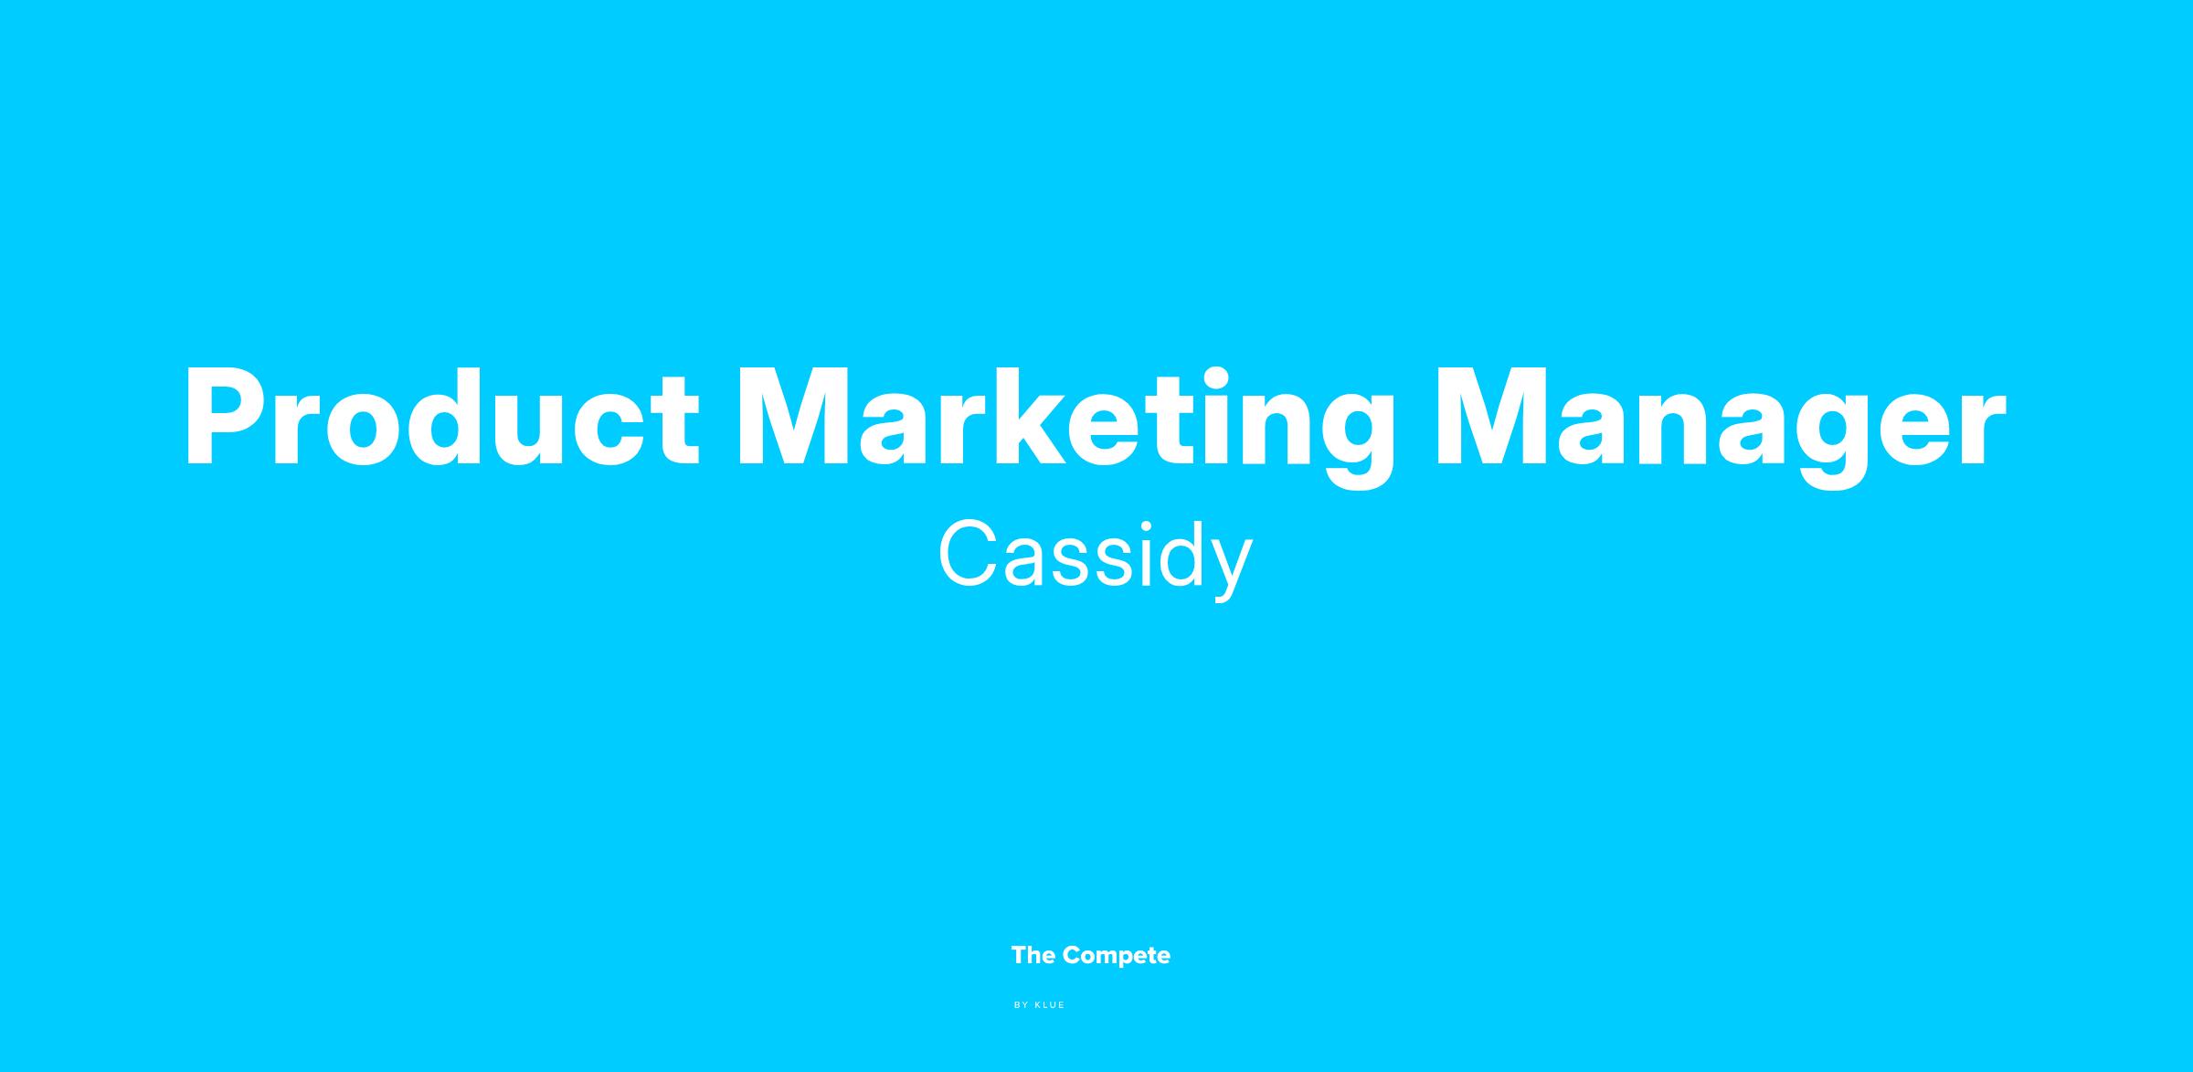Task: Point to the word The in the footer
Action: pyautogui.click(x=1033, y=956)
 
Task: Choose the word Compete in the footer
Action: pyautogui.click(x=1117, y=957)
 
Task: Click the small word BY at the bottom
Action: pyautogui.click(x=1022, y=1005)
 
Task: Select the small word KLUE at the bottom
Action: pyautogui.click(x=1050, y=1005)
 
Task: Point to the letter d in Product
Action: pyautogui.click(x=444, y=419)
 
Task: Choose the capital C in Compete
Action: pyautogui.click(x=1074, y=956)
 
